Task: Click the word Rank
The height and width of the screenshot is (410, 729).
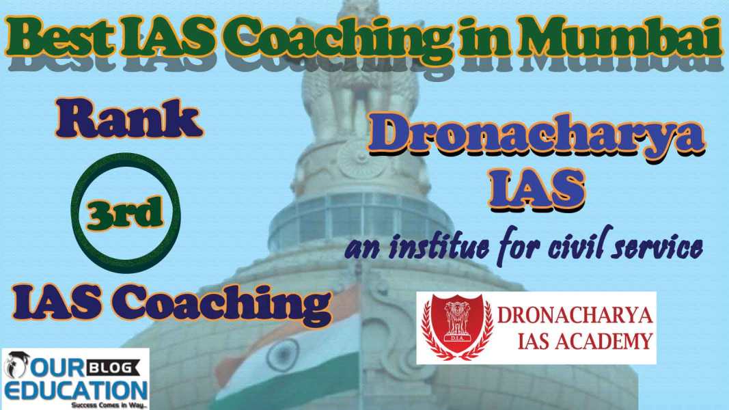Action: click(129, 118)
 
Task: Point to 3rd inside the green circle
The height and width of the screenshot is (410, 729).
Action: click(124, 213)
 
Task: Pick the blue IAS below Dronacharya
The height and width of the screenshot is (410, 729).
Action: click(536, 188)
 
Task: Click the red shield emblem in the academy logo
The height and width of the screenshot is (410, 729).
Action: click(458, 326)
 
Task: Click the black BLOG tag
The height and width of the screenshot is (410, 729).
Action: click(113, 368)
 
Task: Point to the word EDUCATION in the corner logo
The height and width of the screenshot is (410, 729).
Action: click(76, 389)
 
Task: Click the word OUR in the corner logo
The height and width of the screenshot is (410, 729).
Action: click(57, 368)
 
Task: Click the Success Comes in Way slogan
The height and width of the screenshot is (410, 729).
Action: click(109, 405)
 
